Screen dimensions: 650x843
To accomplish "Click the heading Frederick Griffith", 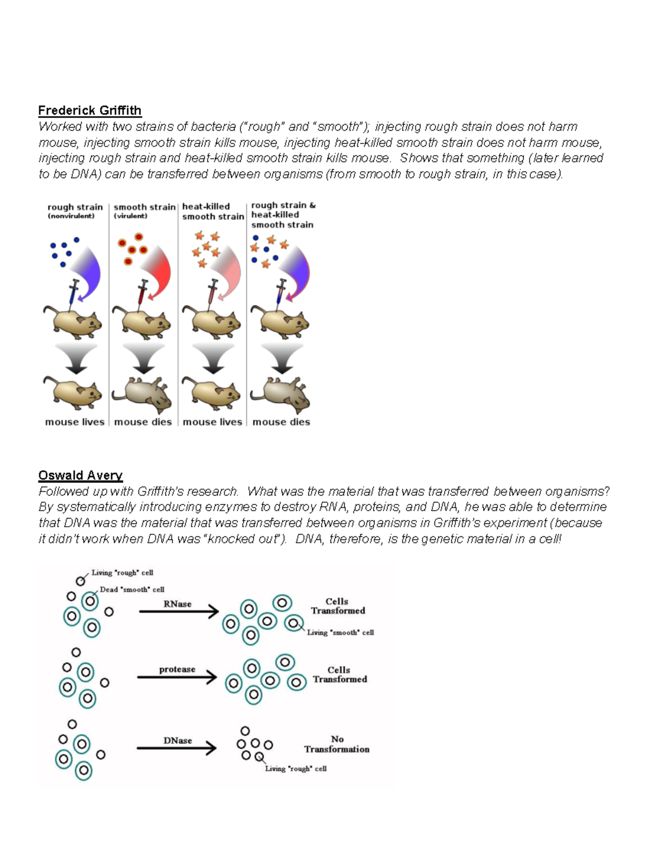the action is pyautogui.click(x=89, y=111).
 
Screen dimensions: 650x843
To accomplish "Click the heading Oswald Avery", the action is pyautogui.click(x=80, y=475).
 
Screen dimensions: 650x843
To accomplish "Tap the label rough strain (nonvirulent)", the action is pyautogui.click(x=75, y=211).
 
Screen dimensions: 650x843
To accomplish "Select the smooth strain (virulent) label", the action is pyautogui.click(x=144, y=211).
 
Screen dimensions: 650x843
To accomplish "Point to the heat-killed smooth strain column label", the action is pyautogui.click(x=213, y=211).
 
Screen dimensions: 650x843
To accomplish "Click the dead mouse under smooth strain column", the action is pyautogui.click(x=143, y=394).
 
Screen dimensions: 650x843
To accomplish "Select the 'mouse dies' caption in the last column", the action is pyautogui.click(x=281, y=422).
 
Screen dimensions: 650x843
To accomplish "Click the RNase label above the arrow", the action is pyautogui.click(x=178, y=604).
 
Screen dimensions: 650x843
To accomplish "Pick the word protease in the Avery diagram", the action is pyautogui.click(x=177, y=669).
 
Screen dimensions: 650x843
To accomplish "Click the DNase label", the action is pyautogui.click(x=178, y=741).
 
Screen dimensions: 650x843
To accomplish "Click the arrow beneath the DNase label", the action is pyautogui.click(x=177, y=749).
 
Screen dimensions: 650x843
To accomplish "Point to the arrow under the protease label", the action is pyautogui.click(x=177, y=677).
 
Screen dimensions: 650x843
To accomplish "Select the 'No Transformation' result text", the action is pyautogui.click(x=337, y=744).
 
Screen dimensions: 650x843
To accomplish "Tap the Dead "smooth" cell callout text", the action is pyautogui.click(x=132, y=589).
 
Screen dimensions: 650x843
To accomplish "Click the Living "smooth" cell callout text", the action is pyautogui.click(x=340, y=632).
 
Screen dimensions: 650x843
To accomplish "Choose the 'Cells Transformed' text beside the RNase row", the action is pyautogui.click(x=337, y=606).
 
